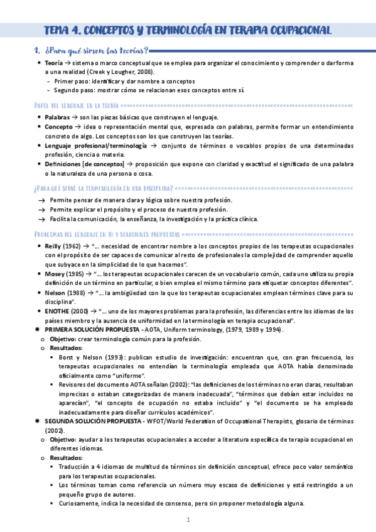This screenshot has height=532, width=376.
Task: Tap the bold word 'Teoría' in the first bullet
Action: pyautogui.click(x=56, y=63)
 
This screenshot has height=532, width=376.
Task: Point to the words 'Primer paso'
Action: pyautogui.click(x=71, y=81)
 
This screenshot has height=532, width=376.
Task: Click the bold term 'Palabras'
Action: pyautogui.click(x=58, y=117)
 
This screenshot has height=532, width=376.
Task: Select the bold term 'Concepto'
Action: pyautogui.click(x=59, y=127)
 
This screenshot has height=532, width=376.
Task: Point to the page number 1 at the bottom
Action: pyautogui.click(x=188, y=520)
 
